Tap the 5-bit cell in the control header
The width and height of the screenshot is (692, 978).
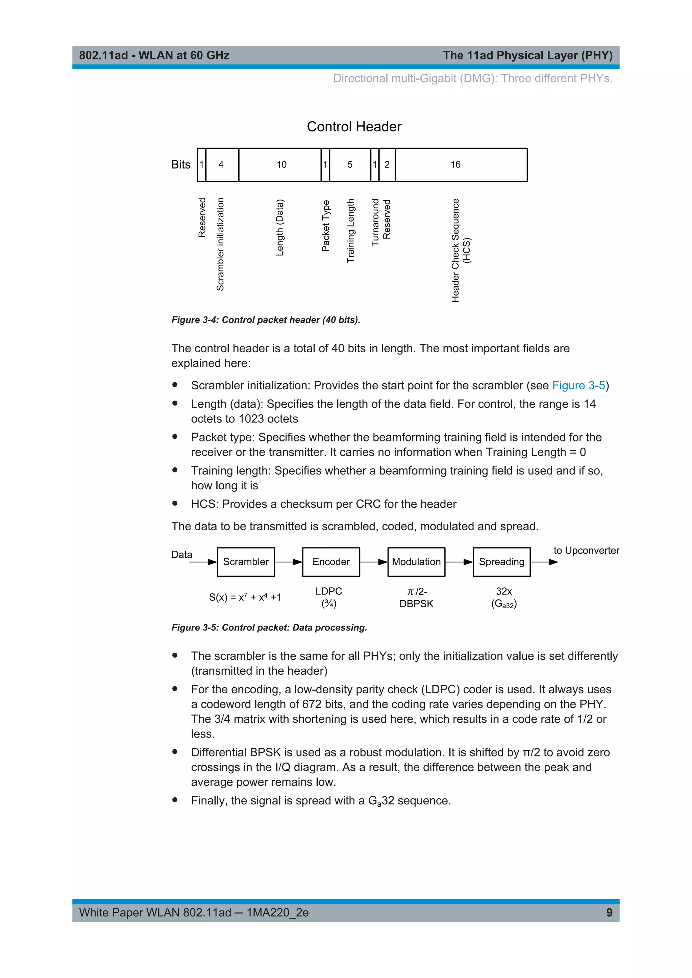(350, 165)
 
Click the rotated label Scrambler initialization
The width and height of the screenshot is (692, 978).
(220, 244)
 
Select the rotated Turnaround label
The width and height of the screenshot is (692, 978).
(375, 222)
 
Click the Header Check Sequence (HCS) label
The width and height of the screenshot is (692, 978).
(461, 251)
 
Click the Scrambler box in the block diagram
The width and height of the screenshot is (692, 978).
(246, 562)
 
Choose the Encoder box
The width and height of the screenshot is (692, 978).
(331, 562)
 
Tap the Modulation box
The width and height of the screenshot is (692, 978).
(416, 562)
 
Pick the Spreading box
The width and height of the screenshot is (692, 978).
(501, 562)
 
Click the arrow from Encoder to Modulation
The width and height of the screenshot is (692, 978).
(374, 562)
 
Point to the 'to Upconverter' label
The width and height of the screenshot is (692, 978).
(586, 550)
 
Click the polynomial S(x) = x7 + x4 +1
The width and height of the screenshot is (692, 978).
(245, 597)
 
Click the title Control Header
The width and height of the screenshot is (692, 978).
(354, 127)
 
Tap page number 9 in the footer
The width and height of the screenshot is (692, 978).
(609, 912)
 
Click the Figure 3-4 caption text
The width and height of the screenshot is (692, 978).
(266, 320)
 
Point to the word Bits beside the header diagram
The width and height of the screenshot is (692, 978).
(181, 165)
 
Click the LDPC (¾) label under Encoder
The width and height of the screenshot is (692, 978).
(329, 597)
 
